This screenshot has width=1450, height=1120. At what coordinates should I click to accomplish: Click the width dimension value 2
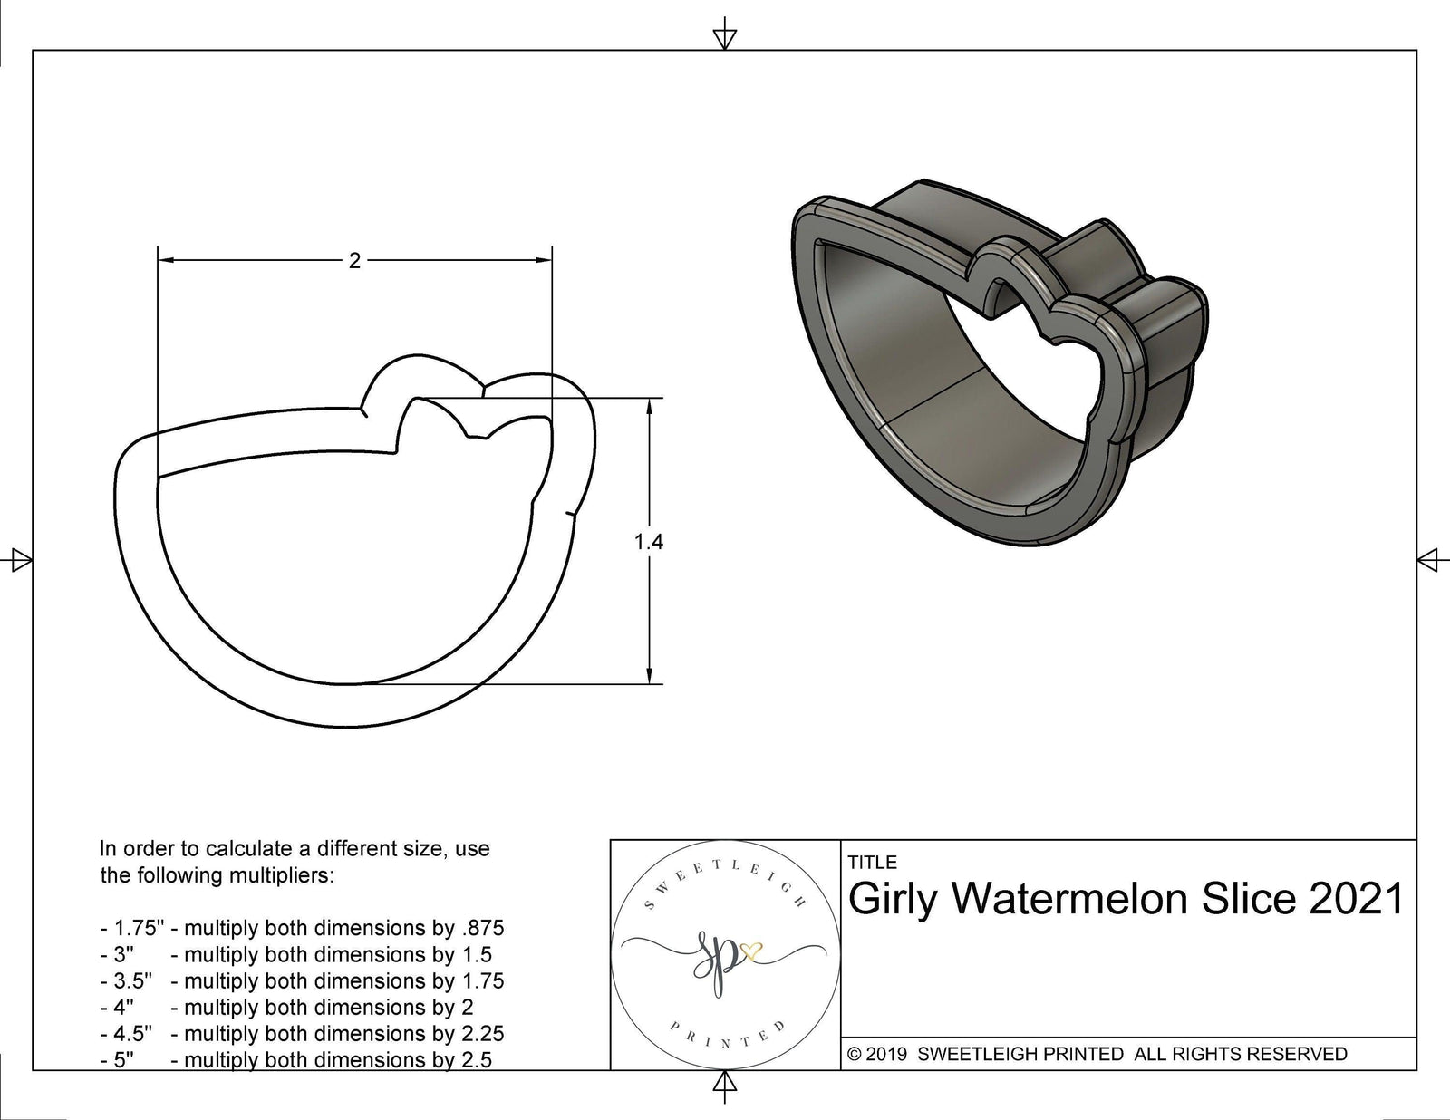(x=354, y=261)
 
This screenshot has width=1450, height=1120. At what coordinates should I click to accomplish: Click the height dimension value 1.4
(x=649, y=542)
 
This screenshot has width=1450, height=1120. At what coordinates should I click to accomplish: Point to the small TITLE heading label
(x=873, y=863)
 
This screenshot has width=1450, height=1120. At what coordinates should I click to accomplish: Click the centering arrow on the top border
(x=724, y=38)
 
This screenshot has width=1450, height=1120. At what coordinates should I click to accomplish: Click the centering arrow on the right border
(x=1428, y=559)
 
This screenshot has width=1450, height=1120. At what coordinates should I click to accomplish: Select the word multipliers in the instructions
(x=283, y=875)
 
